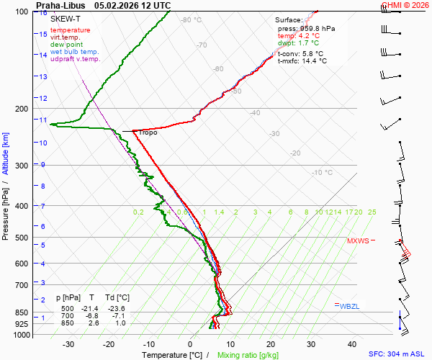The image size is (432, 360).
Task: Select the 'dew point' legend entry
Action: point(67,45)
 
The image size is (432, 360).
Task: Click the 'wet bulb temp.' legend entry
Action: point(75,52)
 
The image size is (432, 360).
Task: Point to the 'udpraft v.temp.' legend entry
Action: point(75,59)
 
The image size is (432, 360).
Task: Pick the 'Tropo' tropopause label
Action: point(148,132)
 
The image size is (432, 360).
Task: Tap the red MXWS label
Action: point(358,241)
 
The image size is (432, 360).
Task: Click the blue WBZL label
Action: point(350,306)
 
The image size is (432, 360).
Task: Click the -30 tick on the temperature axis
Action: point(68,344)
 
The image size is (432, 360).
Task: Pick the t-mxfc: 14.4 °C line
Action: point(302,61)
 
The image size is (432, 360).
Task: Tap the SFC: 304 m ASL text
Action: point(396,354)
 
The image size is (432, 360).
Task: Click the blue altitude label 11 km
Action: point(43,120)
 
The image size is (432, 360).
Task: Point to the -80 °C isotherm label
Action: point(191,20)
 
